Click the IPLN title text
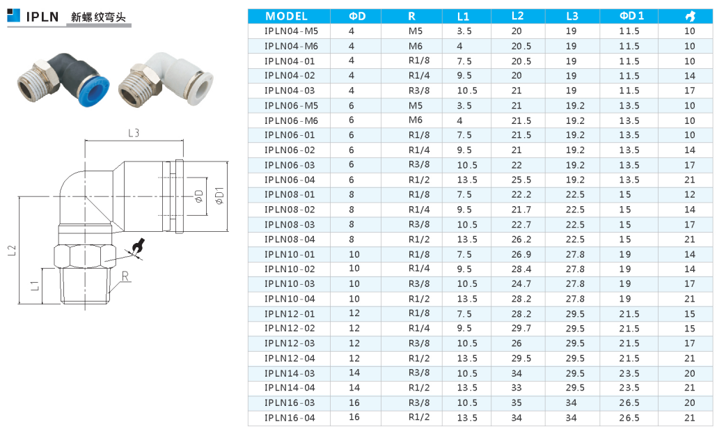click(x=42, y=17)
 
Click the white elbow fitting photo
click(x=166, y=80)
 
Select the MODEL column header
click(x=286, y=17)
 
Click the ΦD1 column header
click(x=631, y=16)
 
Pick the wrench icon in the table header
click(x=690, y=17)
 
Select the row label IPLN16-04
click(x=290, y=417)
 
